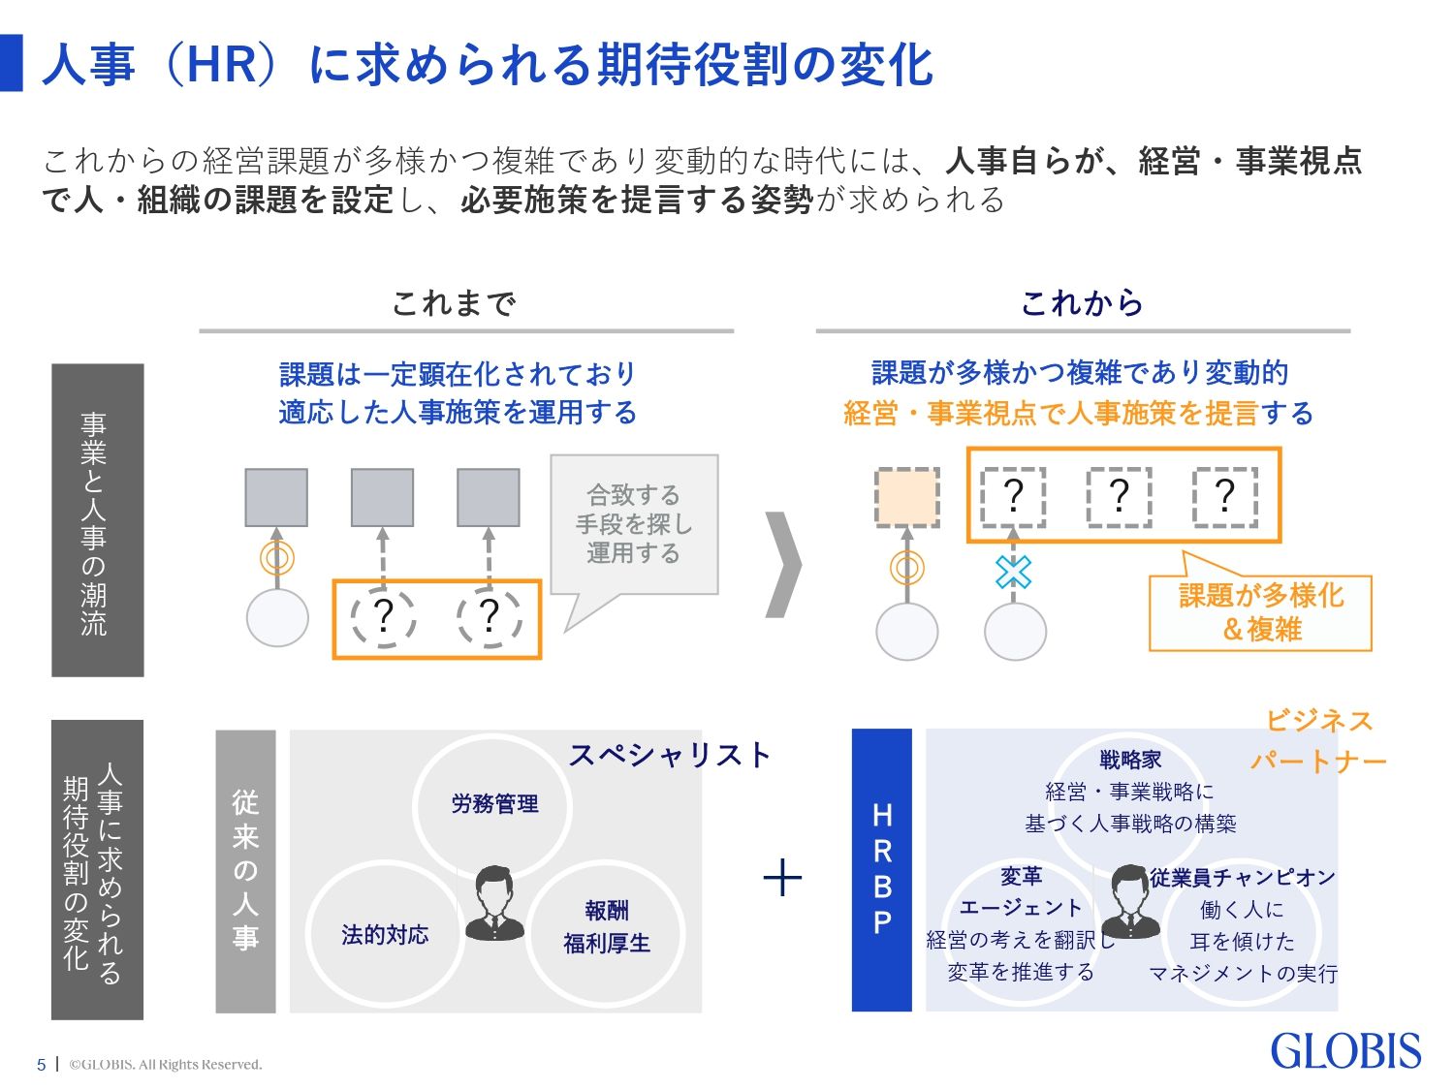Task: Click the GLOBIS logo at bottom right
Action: (x=1345, y=1051)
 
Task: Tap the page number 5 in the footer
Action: (x=41, y=1065)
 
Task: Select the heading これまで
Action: (x=454, y=303)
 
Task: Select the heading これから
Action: (x=1082, y=303)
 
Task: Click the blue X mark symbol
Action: (x=1013, y=573)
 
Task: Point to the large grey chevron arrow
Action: (x=783, y=564)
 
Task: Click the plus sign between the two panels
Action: (x=782, y=879)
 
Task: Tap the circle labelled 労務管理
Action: (x=493, y=804)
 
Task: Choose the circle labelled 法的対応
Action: (x=385, y=934)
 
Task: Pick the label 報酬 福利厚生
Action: (x=607, y=926)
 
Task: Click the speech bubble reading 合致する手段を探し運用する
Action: (x=634, y=524)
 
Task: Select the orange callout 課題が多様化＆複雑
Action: (x=1260, y=612)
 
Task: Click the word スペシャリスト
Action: (x=670, y=755)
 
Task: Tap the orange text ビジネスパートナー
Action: (x=1318, y=741)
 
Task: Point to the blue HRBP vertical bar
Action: (x=881, y=869)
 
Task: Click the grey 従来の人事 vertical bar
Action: (x=245, y=869)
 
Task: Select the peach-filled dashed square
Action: (x=907, y=497)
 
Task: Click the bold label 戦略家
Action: (x=1130, y=760)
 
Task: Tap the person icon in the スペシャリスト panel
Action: (x=494, y=903)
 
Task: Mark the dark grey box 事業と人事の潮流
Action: (x=97, y=519)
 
